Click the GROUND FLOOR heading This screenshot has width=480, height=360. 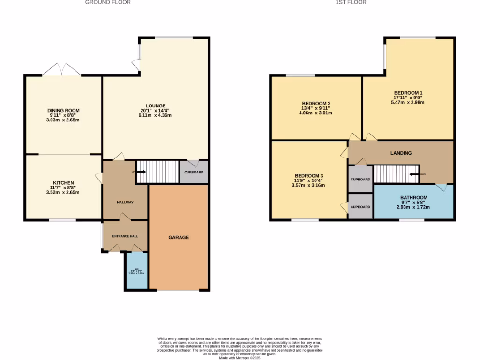[x=108, y=2]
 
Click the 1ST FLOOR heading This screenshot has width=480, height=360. [x=351, y=2]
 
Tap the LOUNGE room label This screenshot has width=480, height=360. [x=156, y=105]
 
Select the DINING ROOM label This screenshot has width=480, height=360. [x=63, y=110]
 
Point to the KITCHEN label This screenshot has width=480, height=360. [x=63, y=183]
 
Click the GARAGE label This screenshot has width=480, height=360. [x=179, y=237]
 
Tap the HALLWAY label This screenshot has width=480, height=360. [x=125, y=202]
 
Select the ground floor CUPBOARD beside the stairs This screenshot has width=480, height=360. [x=194, y=172]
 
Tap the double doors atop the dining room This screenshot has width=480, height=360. [x=61, y=70]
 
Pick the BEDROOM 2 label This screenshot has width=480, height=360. [x=316, y=103]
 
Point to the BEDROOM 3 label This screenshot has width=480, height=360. [x=308, y=176]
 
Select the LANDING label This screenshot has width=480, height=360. [x=401, y=153]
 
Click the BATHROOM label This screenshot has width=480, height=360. [x=413, y=197]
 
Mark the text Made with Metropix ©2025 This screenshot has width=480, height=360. [x=240, y=358]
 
